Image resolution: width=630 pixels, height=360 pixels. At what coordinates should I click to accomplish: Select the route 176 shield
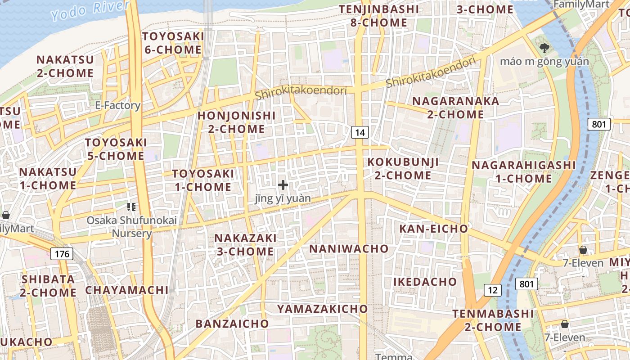point(62,254)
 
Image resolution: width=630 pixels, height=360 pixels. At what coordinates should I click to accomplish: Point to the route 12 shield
point(492,290)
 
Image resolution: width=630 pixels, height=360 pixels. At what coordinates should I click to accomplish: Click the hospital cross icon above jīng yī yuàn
point(283,185)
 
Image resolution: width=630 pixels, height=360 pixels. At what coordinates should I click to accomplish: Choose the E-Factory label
point(118,105)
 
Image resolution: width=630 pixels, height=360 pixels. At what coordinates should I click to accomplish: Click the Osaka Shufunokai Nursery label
point(131,227)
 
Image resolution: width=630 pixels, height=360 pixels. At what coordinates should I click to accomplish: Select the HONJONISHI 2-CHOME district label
point(237,122)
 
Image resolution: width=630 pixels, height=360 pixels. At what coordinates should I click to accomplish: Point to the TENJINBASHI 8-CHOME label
point(373,16)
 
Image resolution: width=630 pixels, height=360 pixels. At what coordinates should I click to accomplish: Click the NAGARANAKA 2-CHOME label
point(455,108)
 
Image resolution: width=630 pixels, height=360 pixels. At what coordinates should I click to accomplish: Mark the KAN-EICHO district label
point(434,229)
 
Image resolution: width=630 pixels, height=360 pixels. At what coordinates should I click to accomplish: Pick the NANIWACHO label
point(349,248)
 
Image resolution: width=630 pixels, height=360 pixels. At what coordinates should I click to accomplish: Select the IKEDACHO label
point(425,282)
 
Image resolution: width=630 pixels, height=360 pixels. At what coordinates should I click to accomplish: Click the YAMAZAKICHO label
point(323,309)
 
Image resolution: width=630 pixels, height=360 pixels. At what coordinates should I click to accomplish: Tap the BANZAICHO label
point(232,324)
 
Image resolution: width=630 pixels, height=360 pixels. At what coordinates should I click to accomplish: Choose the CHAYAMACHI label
point(127,290)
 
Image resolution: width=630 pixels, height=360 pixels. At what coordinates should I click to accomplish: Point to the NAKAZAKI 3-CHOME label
point(245,244)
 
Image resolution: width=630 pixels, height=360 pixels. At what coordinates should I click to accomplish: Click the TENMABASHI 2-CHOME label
point(493,320)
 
